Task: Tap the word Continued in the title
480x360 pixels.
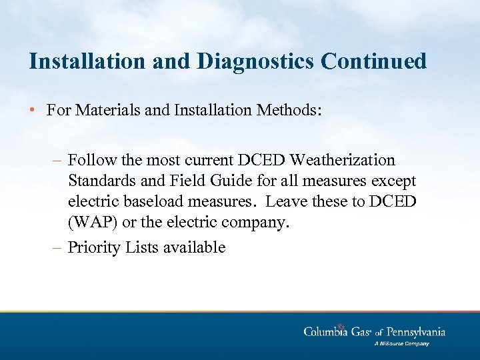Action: (373, 61)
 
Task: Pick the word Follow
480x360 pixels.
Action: (90, 161)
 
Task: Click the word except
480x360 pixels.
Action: (393, 181)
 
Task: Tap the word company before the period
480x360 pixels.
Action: (255, 222)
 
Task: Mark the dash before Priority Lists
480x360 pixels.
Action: (58, 247)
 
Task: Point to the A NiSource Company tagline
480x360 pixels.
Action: (401, 344)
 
